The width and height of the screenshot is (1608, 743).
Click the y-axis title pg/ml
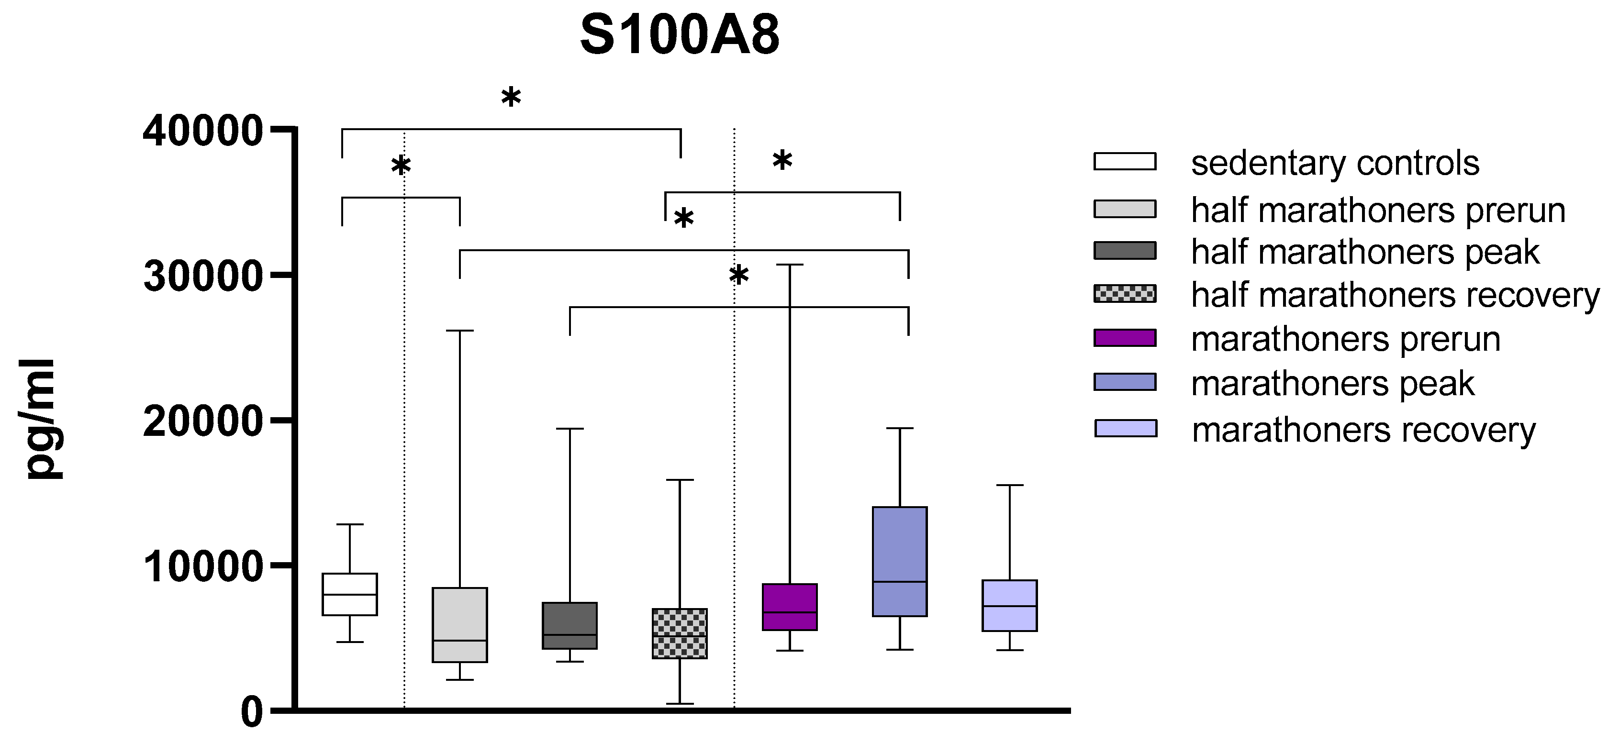coord(43,419)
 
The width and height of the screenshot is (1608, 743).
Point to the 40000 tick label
coord(201,132)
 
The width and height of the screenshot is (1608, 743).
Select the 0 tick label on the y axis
coord(252,712)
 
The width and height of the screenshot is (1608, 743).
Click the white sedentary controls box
coord(349,594)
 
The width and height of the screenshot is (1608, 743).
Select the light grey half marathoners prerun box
coord(459,624)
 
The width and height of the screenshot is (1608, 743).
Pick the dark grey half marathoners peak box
coord(569,625)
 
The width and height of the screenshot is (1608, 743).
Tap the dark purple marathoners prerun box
coord(789,606)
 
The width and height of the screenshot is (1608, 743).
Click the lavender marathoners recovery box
coord(1009,605)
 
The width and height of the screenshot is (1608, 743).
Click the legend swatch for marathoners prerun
coord(1125,337)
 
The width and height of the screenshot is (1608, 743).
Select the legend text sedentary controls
coord(1335,164)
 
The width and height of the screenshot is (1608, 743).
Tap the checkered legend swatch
coord(1125,293)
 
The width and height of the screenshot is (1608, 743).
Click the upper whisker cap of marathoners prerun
coord(789,265)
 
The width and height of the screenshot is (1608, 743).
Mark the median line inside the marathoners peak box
coord(900,581)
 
